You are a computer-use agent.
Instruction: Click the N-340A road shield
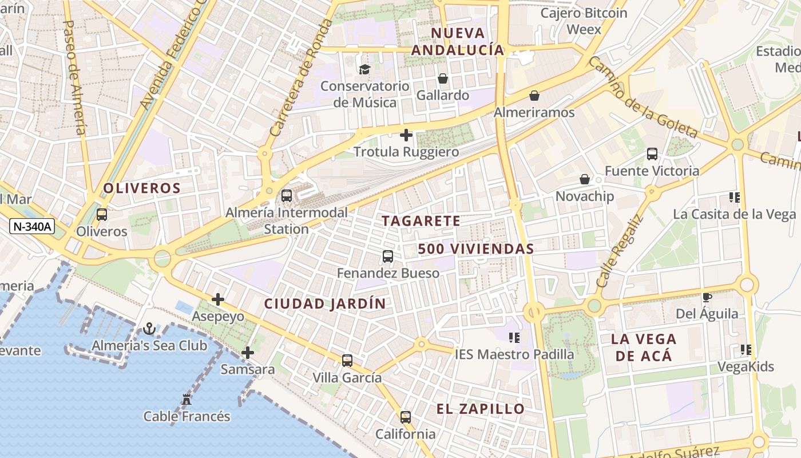(x=32, y=227)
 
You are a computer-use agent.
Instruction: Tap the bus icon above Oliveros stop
(x=102, y=215)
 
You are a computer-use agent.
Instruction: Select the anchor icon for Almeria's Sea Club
(x=149, y=329)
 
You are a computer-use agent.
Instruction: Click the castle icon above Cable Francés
(x=187, y=399)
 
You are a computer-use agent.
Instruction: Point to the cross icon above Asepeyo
(x=217, y=299)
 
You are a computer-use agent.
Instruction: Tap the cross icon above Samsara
(x=247, y=353)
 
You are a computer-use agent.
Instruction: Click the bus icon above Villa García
(x=347, y=361)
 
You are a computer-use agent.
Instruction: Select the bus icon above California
(x=406, y=417)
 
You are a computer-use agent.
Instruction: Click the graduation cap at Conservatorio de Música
(x=364, y=70)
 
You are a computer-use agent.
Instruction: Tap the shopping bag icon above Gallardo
(x=442, y=78)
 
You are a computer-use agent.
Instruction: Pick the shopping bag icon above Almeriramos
(x=534, y=95)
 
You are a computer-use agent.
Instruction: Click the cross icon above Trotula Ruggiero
(x=406, y=135)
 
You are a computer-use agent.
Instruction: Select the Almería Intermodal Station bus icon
(x=287, y=196)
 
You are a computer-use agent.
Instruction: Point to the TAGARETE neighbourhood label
(x=421, y=221)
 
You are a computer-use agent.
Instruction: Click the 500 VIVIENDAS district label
(x=475, y=249)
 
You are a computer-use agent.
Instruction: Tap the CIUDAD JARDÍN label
(x=325, y=304)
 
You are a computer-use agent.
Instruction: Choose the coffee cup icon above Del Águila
(x=707, y=297)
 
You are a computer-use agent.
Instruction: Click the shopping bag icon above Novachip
(x=584, y=180)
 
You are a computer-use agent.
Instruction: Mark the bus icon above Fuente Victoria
(x=652, y=153)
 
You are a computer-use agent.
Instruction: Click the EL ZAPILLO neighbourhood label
(x=481, y=409)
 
